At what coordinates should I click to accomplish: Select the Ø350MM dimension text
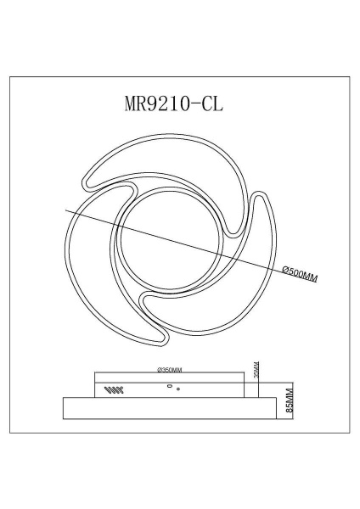170,370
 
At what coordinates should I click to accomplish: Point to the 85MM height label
289,396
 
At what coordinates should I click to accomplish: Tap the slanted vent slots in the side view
112,390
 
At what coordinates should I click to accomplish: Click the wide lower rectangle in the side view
170,407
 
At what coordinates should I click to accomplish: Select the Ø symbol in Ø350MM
160,370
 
